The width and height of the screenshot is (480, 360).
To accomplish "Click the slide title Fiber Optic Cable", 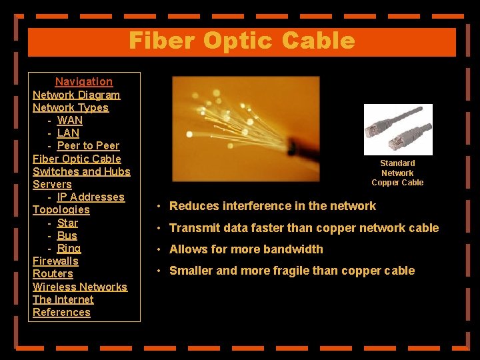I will (x=241, y=41).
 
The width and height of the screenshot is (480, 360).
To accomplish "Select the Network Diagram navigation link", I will (x=77, y=95).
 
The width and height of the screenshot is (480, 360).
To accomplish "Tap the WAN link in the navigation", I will (x=70, y=120).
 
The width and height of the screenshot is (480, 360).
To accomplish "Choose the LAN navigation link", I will (x=69, y=133).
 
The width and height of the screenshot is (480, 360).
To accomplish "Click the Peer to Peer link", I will (x=88, y=145).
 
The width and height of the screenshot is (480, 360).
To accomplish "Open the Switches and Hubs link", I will (x=81, y=171).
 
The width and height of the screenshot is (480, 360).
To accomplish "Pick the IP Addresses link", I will (x=91, y=197).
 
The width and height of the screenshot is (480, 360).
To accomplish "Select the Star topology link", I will (x=67, y=223).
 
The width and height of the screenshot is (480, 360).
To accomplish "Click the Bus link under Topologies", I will (x=67, y=235).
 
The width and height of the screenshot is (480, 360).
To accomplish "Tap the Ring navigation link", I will (x=69, y=248).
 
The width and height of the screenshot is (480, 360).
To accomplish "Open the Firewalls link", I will (x=55, y=261).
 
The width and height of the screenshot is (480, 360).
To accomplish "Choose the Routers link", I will (x=53, y=273).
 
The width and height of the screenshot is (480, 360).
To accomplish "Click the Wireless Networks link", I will (x=80, y=287).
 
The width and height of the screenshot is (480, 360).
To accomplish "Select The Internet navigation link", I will (x=63, y=299).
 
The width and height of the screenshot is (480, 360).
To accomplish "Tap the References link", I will (x=61, y=312).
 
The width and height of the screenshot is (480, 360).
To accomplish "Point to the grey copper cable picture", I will (x=398, y=129).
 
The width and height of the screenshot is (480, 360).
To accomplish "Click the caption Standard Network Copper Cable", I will (x=397, y=173).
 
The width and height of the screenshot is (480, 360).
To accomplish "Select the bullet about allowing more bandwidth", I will (x=246, y=249).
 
